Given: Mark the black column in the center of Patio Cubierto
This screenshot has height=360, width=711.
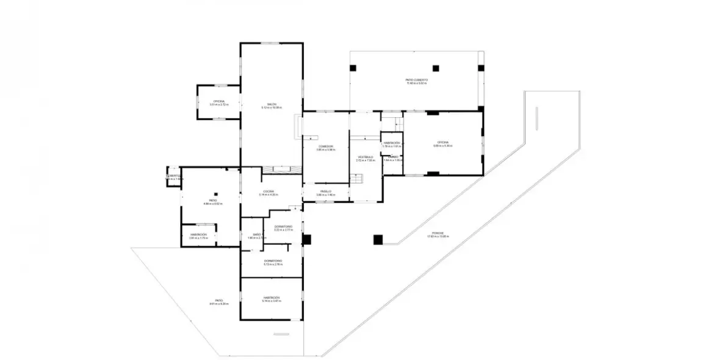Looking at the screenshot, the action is (436, 68).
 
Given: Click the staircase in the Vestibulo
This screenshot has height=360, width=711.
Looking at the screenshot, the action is (357, 179).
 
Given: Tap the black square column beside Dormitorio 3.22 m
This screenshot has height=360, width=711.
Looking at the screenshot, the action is (306, 239).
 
